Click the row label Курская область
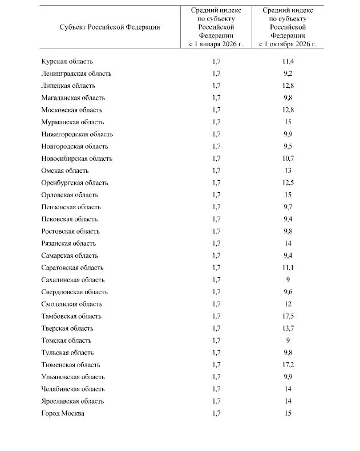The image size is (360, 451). (67, 62)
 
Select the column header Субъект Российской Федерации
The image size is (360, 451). (110, 27)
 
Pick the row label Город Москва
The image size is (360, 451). (63, 413)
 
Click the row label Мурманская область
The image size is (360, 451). (72, 122)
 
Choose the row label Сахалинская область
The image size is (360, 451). (73, 280)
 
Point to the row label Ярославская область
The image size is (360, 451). (72, 401)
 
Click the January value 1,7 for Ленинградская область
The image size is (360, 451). (216, 74)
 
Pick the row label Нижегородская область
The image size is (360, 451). (77, 135)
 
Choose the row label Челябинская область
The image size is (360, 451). (73, 389)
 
